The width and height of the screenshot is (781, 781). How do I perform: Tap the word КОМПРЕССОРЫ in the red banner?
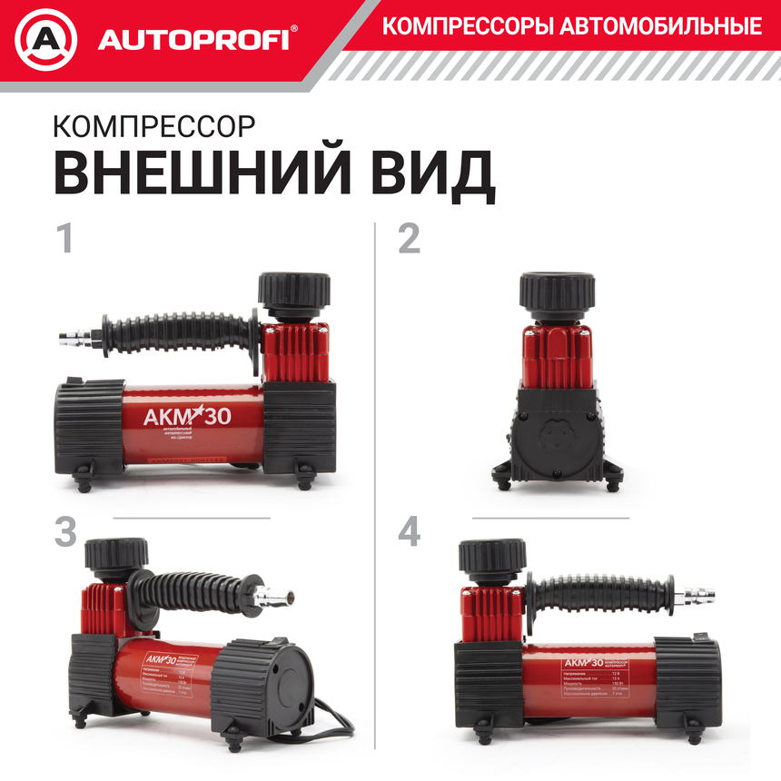coord(467,26)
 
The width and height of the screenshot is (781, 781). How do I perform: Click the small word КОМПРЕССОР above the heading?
coord(154,123)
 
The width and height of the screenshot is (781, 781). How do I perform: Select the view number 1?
coord(64,238)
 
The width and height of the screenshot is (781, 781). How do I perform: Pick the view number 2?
coord(410,238)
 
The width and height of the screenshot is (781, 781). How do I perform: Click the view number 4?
coord(410,532)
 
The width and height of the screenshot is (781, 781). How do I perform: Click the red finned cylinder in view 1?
coord(296,352)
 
